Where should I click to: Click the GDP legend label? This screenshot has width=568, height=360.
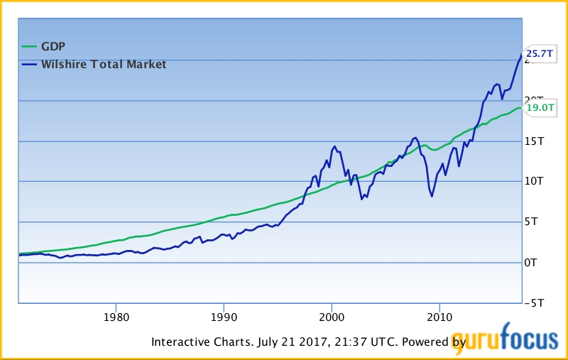click(53, 48)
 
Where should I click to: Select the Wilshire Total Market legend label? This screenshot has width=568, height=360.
click(104, 65)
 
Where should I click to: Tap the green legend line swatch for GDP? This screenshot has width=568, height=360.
click(28, 48)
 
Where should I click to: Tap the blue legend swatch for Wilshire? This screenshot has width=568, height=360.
click(28, 65)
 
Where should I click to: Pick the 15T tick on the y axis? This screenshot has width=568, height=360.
click(534, 141)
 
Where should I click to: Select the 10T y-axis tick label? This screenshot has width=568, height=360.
click(534, 181)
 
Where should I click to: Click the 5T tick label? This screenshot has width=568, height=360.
click(531, 222)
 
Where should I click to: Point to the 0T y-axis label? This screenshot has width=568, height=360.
click(531, 262)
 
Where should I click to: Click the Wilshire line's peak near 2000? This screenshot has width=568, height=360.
click(334, 146)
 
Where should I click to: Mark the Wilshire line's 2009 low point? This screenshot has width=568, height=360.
click(432, 196)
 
